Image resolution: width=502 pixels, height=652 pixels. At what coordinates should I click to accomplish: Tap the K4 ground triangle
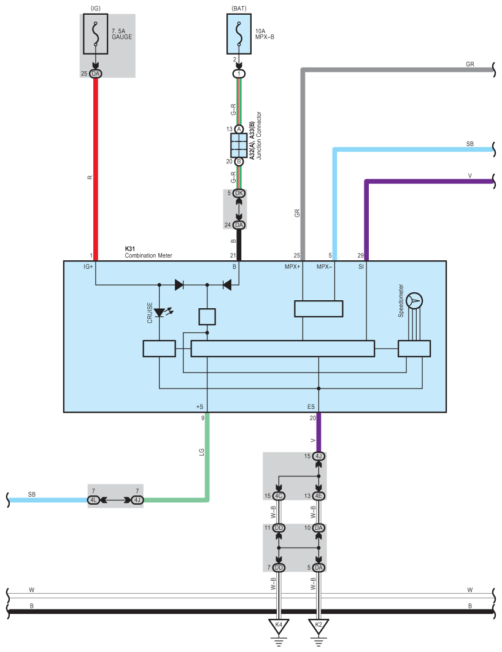[279, 626]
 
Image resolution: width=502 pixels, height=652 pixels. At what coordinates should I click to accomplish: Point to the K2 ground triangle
[318, 626]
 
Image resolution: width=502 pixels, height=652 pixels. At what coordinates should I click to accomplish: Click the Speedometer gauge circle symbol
[415, 300]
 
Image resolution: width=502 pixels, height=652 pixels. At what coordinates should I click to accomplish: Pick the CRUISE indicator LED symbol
[160, 312]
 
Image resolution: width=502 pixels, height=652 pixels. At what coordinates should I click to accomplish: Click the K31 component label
[129, 249]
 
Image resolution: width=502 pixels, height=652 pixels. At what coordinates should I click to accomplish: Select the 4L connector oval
[94, 500]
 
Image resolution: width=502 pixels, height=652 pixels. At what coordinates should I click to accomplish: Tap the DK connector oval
[239, 193]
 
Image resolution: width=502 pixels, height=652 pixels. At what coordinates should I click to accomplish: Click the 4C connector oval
[279, 495]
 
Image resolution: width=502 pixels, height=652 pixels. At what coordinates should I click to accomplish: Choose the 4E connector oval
[318, 495]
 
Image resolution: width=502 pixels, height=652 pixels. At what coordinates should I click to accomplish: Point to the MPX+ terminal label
[292, 267]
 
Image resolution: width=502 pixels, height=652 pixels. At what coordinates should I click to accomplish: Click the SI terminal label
[361, 267]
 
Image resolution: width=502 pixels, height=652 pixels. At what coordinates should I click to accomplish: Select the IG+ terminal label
[88, 267]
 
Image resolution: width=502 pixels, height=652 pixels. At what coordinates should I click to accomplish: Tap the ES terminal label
[311, 406]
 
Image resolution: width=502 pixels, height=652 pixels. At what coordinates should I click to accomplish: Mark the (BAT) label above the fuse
[239, 9]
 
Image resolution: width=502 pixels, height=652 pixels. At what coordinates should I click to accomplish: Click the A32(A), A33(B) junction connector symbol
[239, 146]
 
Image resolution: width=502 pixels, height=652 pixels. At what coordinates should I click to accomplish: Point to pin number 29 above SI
[361, 255]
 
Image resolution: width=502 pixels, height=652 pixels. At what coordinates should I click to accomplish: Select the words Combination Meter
[149, 255]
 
